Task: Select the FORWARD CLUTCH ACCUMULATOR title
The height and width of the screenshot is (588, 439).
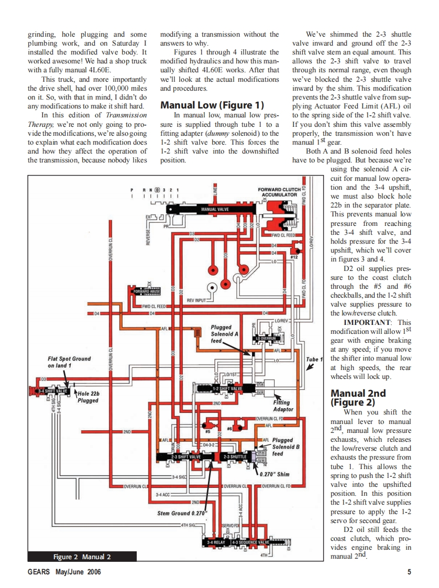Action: pos(279,192)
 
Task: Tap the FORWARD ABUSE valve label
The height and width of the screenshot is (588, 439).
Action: pos(146,291)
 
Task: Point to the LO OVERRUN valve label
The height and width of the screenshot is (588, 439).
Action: pos(266,339)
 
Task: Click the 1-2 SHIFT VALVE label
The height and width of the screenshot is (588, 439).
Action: pos(227,388)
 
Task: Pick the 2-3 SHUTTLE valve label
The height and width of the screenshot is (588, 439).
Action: pos(234,457)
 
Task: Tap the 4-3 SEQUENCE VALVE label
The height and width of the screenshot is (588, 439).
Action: pos(250,542)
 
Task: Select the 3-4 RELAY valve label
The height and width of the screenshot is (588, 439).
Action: pos(216,542)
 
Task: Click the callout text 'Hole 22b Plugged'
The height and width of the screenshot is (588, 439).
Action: pos(88,397)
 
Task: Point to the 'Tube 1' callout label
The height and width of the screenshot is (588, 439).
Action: pos(314,359)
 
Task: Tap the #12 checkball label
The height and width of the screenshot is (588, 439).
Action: pos(294,257)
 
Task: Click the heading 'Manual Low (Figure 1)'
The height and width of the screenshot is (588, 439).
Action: pos(212,105)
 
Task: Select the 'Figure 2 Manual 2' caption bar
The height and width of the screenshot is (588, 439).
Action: pos(82,557)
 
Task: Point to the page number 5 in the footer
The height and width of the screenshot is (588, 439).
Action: pos(409,572)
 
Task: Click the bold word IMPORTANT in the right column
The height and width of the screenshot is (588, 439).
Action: pos(369,322)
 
